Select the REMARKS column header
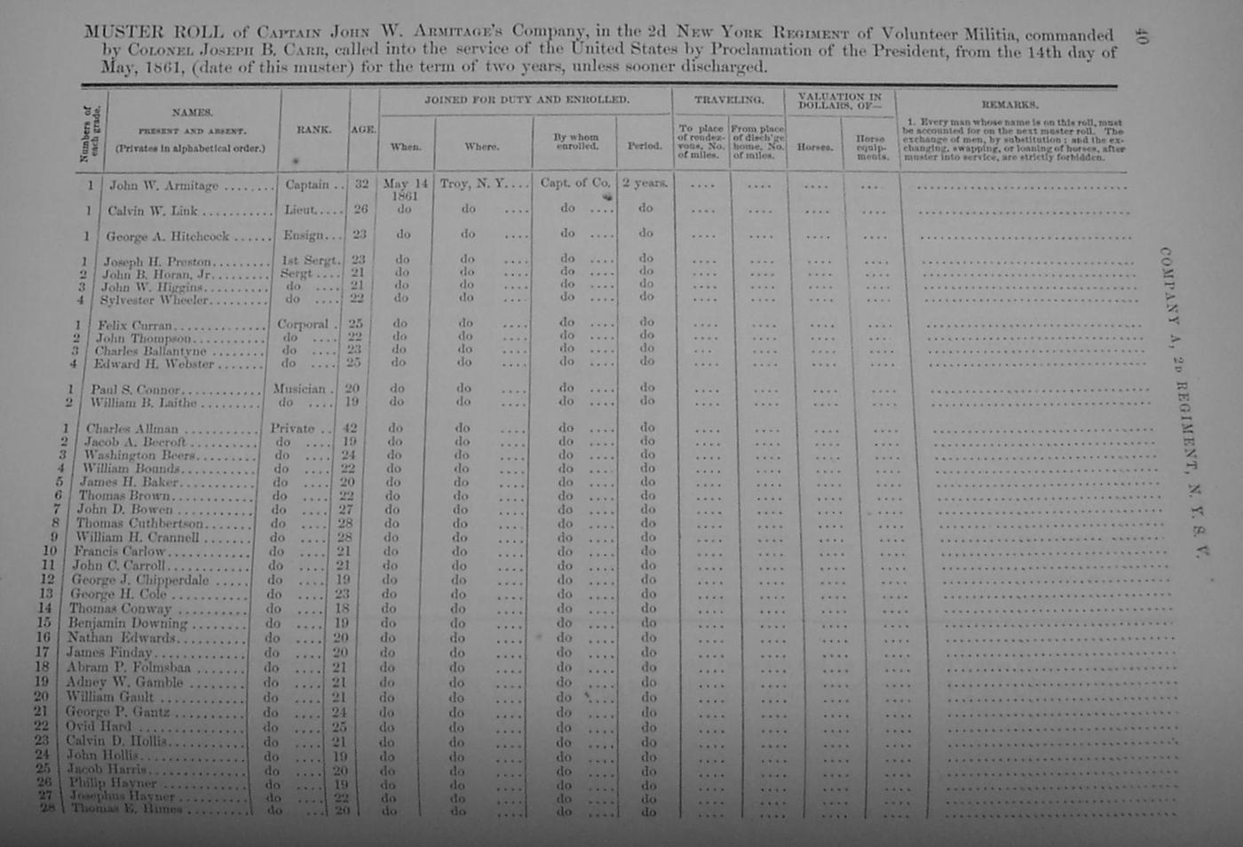click(x=1009, y=105)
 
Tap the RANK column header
click(x=313, y=130)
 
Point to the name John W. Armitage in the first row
click(x=163, y=186)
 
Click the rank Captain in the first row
click(x=308, y=185)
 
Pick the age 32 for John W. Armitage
click(x=361, y=185)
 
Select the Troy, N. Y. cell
click(x=472, y=184)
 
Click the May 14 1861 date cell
click(x=405, y=188)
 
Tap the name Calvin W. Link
click(x=152, y=211)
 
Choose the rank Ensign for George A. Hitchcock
click(x=305, y=235)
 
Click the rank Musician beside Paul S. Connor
click(x=299, y=389)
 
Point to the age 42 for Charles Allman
click(x=350, y=428)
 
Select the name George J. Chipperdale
click(x=140, y=580)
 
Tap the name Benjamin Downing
click(x=127, y=623)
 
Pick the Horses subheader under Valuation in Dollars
click(x=814, y=146)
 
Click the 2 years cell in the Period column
click(x=645, y=183)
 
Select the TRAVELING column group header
click(x=728, y=100)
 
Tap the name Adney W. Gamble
click(x=124, y=682)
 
